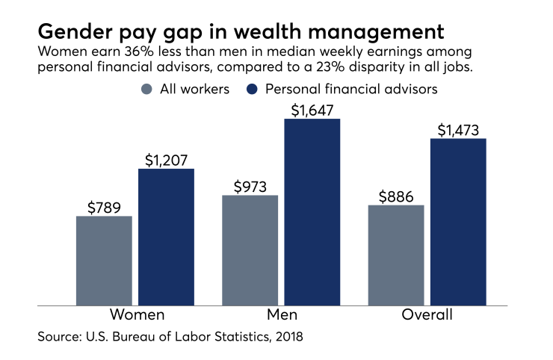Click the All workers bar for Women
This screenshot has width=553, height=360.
coord(104,261)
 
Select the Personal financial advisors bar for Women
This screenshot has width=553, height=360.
coord(166,237)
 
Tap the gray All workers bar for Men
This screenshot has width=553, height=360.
coord(250,250)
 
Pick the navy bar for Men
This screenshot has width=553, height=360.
coord(312,212)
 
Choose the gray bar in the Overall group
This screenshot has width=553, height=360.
coord(396,255)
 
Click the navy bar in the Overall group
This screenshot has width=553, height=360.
coord(458,222)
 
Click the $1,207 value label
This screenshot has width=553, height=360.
coord(166,159)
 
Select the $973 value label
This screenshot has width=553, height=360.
coord(250,186)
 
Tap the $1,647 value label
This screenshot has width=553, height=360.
coord(312,109)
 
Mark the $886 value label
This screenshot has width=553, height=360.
coord(396,196)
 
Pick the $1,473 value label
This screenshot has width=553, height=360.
coord(458,129)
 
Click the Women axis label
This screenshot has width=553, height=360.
coord(137,314)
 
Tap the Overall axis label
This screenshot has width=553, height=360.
coord(427,314)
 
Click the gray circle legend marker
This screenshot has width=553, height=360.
coord(146,89)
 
